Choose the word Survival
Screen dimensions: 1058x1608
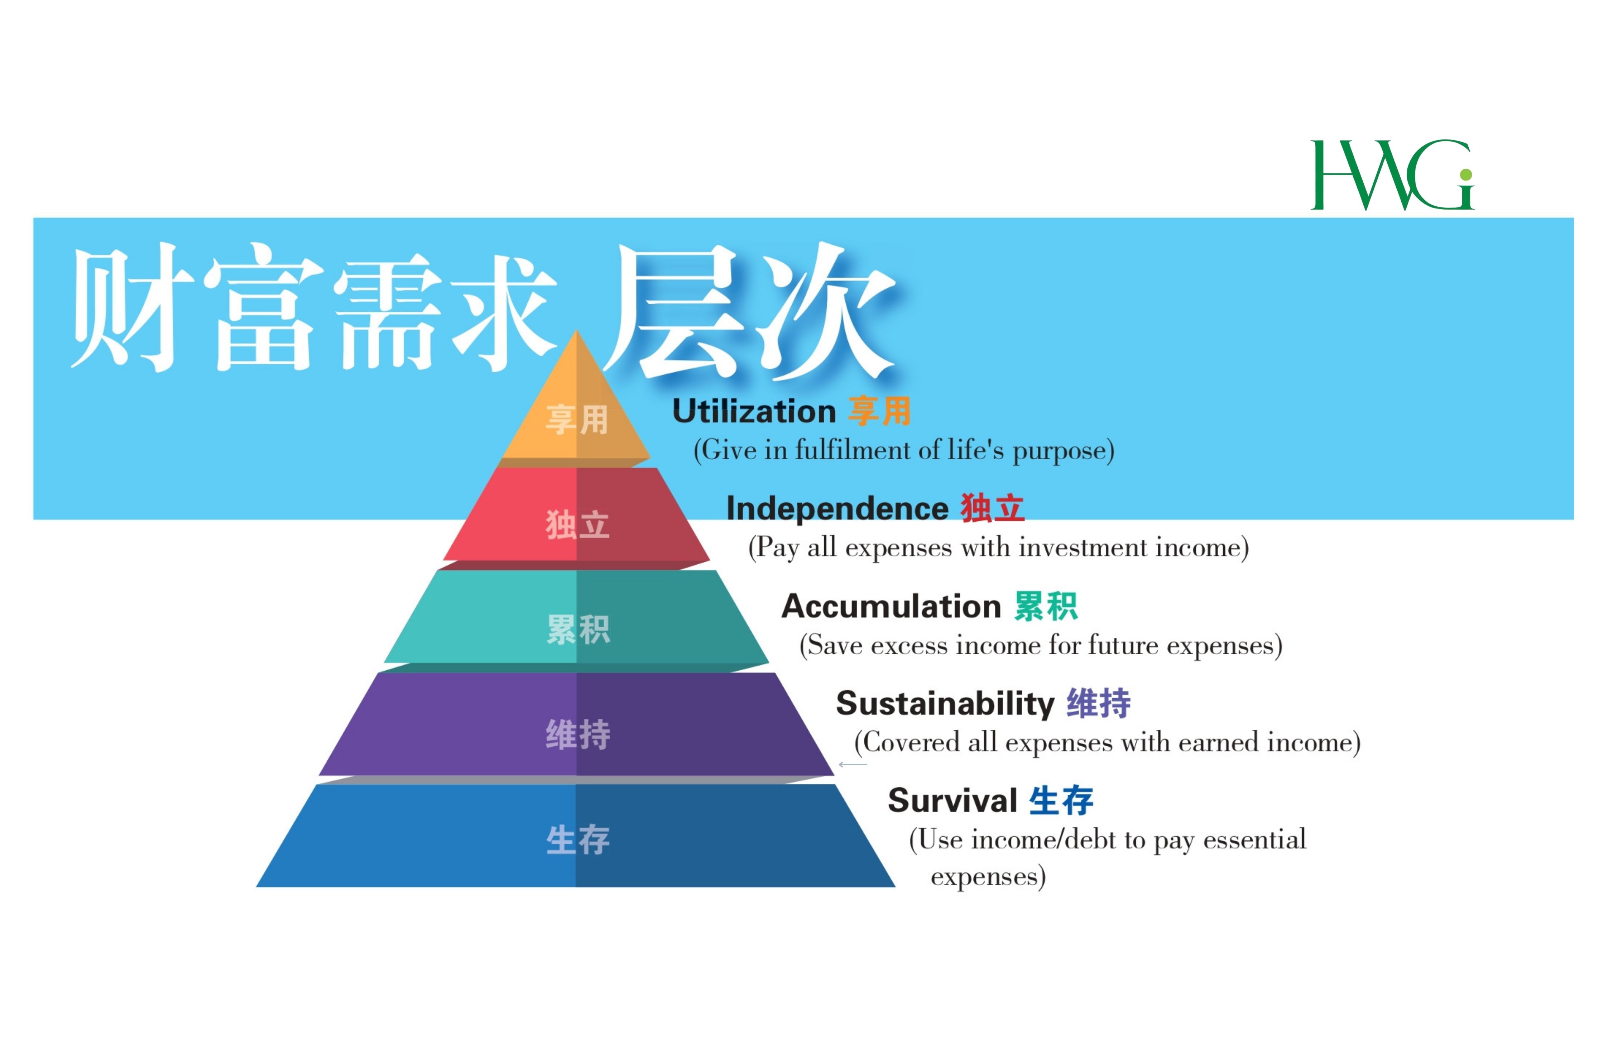point(952,801)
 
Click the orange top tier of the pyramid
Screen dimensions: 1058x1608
point(576,412)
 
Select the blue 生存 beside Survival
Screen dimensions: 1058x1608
point(1061,801)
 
